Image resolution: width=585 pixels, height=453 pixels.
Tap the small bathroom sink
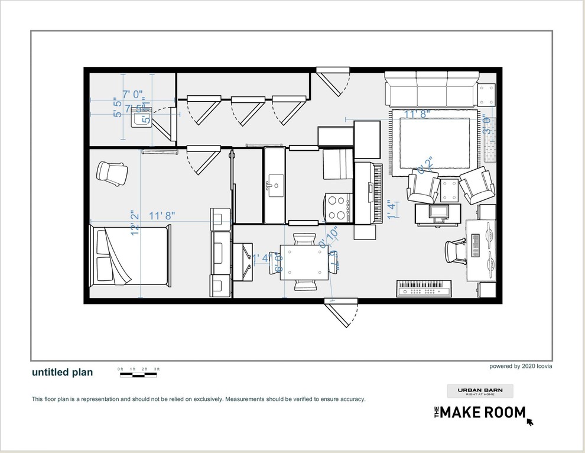(141, 120)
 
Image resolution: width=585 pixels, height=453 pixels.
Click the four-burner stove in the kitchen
(337, 208)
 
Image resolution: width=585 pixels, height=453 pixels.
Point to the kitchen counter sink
(274, 185)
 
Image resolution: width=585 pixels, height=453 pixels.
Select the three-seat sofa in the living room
(431, 89)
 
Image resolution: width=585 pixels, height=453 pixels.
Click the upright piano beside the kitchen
(368, 193)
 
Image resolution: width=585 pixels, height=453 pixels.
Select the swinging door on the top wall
(333, 81)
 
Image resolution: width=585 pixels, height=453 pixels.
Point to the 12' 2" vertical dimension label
(136, 224)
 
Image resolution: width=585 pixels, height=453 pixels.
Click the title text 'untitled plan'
(62, 372)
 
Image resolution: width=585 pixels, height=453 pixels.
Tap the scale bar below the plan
(139, 373)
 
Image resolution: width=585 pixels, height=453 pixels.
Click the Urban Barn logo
(480, 391)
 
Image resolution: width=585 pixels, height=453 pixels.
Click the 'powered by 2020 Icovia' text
(521, 366)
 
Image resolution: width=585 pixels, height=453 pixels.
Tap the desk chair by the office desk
(455, 251)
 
